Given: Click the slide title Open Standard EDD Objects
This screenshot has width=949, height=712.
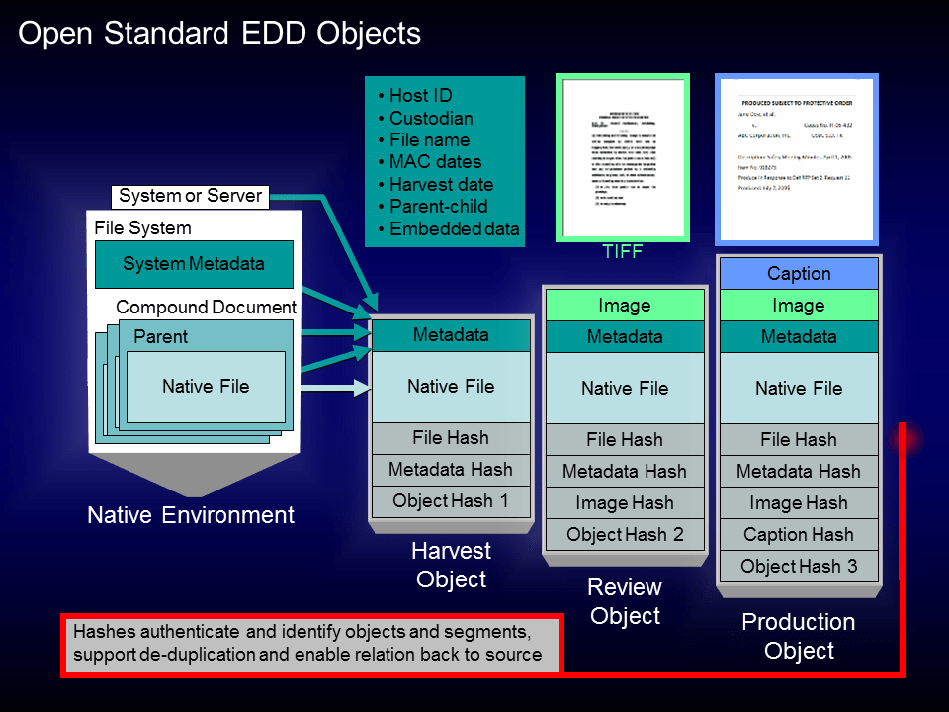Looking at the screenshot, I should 219,34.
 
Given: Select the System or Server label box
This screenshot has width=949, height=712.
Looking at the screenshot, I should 191,196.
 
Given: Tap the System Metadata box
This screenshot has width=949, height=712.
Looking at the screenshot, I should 194,264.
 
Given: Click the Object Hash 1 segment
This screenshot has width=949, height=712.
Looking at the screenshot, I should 451,501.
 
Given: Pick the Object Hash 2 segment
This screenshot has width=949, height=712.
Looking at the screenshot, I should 625,535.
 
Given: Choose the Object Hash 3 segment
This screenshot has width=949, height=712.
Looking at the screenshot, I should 799,567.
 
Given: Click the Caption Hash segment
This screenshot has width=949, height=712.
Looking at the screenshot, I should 799,535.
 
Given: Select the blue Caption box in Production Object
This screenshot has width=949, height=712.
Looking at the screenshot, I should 799,274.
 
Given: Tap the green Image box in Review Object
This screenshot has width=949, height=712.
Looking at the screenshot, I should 625,306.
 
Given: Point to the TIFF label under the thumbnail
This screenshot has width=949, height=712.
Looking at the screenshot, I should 623,252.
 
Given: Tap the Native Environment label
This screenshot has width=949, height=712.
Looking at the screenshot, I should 191,515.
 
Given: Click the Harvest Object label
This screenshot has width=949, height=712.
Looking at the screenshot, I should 452,565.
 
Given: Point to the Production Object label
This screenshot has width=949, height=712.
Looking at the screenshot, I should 799,636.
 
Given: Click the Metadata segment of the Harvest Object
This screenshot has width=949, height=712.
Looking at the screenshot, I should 451,335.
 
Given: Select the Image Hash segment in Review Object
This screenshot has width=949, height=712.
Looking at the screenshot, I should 625,503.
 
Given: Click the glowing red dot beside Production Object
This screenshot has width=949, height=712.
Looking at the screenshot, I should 905,438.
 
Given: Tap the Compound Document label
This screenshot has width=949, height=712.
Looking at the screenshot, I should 206,308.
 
